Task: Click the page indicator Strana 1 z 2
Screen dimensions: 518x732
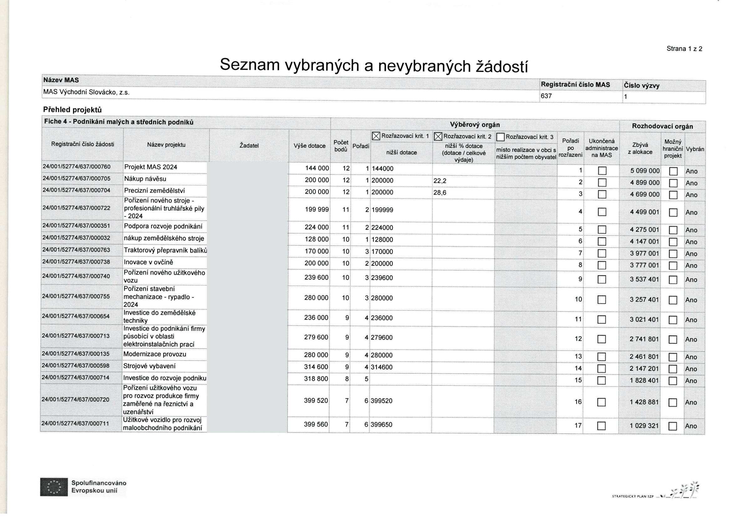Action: (684, 49)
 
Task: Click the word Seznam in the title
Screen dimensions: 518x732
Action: (249, 65)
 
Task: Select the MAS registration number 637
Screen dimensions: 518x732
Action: (546, 96)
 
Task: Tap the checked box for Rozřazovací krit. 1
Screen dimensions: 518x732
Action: (376, 137)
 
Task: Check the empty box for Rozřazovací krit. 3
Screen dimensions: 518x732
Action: (500, 137)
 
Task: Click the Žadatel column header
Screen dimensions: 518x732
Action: (249, 146)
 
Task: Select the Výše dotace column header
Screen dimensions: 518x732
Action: (309, 146)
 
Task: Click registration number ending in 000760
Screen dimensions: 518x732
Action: (76, 167)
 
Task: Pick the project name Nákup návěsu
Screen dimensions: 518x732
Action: (145, 179)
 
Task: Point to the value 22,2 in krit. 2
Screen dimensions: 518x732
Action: (440, 181)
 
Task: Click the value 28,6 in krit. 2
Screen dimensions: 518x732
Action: (440, 193)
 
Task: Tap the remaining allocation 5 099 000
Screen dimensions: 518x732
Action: (645, 171)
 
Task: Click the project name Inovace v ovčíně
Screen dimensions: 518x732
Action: (148, 262)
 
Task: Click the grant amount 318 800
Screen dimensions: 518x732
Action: (316, 379)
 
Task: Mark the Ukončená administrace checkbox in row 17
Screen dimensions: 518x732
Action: (601, 426)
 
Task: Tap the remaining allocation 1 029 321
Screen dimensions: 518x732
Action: (644, 426)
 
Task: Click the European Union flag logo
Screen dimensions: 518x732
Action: (54, 487)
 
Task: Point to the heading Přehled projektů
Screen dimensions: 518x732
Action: (72, 110)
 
